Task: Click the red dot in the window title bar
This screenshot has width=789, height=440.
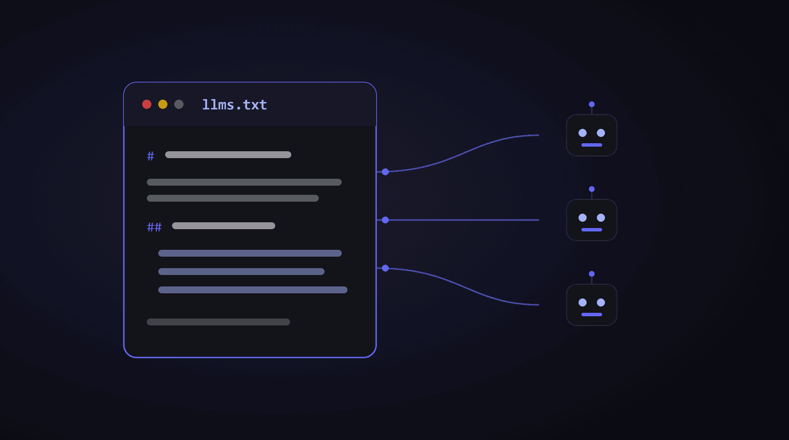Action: [147, 104]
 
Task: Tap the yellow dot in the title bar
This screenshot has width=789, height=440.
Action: [163, 104]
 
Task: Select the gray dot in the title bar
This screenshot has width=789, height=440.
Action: [179, 104]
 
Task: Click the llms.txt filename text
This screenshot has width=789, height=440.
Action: [234, 105]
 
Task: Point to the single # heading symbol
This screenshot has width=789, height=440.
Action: [150, 156]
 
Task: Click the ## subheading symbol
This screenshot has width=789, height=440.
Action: [154, 227]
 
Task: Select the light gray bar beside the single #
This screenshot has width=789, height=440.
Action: [228, 155]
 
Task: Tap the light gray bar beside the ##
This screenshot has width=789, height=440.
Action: [224, 226]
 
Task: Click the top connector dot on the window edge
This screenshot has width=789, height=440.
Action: [385, 172]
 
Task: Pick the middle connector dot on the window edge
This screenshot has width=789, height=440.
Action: [385, 220]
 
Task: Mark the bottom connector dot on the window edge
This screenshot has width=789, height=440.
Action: [385, 268]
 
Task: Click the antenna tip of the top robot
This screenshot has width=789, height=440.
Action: [592, 104]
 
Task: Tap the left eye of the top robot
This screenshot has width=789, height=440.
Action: [583, 133]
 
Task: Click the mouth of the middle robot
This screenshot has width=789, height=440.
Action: [592, 230]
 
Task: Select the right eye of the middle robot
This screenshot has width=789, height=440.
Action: [601, 218]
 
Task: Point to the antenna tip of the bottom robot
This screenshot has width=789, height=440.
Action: [592, 274]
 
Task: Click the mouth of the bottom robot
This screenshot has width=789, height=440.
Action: [592, 315]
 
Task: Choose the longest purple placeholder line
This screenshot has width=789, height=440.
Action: [253, 290]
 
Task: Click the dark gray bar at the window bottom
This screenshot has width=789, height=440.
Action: [218, 322]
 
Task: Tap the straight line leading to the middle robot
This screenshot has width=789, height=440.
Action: [462, 220]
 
